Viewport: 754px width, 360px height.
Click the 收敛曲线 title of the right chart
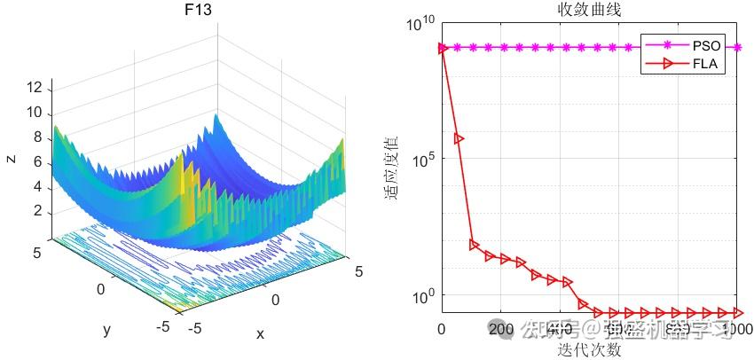tap(589, 11)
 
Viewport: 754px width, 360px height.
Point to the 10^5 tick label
tap(421, 159)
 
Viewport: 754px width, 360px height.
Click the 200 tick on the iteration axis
tap(501, 331)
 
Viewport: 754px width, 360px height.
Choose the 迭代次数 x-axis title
tap(589, 349)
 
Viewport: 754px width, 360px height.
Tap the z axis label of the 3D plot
tap(11, 159)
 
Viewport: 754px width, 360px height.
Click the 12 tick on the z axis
tap(35, 87)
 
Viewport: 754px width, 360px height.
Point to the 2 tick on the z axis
tap(38, 211)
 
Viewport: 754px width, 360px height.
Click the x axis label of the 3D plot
tap(260, 333)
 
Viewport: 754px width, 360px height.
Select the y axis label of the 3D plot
tap(106, 329)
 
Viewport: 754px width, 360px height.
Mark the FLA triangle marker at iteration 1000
tap(738, 312)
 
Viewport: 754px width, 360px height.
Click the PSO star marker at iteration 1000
tap(738, 47)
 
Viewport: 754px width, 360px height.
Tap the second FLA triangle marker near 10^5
tap(459, 138)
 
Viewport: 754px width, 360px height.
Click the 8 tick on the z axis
tap(38, 137)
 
